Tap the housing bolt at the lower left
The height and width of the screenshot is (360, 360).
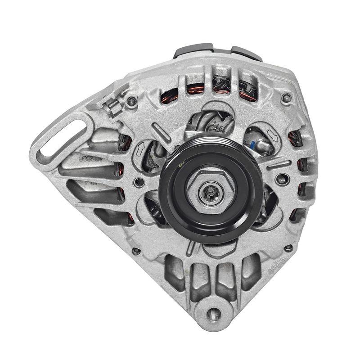tap(135, 251)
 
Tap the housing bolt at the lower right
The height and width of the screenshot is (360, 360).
tap(288, 247)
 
